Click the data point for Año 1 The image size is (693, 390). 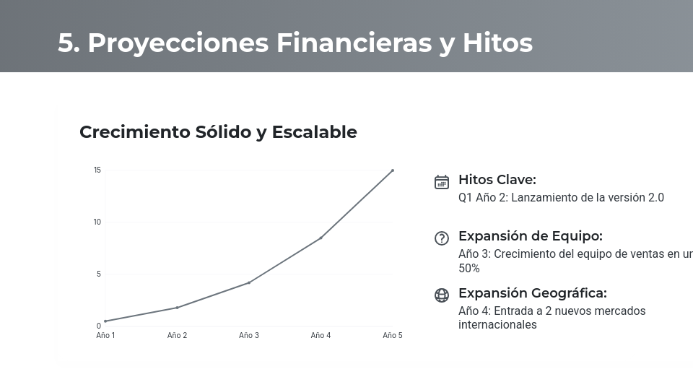point(105,321)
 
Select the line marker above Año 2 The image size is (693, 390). point(177,308)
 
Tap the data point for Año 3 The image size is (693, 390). point(249,282)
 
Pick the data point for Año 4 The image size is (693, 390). point(321,238)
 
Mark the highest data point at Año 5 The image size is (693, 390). point(393,170)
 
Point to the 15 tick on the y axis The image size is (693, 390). point(97,170)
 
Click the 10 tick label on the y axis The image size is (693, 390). point(97,222)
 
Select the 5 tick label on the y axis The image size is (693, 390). point(99,274)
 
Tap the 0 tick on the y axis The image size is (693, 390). point(99,326)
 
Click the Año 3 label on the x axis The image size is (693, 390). point(249,336)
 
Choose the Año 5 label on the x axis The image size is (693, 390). point(393,336)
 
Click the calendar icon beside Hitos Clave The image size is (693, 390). point(442,182)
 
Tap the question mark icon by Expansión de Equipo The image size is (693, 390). point(442,238)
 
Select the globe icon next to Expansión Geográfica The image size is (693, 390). point(442,295)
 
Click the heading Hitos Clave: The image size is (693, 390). point(497,180)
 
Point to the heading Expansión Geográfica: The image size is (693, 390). point(533,293)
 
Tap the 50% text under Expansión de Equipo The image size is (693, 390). point(469,268)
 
